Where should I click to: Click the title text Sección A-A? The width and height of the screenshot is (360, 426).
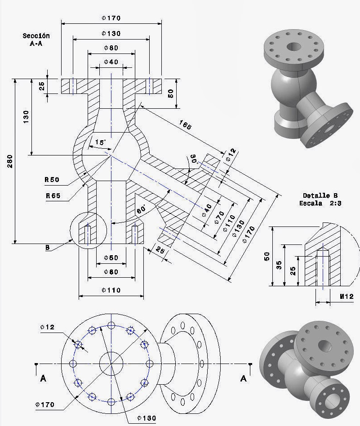36,39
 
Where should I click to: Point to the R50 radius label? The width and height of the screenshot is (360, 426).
52,180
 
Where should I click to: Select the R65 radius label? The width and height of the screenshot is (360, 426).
53,196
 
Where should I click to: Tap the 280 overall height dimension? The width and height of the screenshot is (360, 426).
10,162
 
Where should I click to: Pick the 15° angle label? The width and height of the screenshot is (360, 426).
100,142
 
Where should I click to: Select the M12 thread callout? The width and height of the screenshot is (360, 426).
347,297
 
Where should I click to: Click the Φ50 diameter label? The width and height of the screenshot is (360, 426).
111,257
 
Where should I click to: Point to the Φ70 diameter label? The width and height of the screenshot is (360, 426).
218,217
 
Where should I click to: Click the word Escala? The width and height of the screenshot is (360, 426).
311,203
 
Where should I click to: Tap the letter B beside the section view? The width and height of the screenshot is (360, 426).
47,247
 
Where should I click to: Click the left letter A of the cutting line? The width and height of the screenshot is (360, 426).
43,379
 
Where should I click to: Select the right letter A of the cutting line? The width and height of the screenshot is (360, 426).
243,379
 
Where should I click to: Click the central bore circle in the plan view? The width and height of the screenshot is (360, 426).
111,363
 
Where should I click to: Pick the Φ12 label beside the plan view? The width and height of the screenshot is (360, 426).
47,327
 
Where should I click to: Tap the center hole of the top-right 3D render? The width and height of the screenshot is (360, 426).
295,46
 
